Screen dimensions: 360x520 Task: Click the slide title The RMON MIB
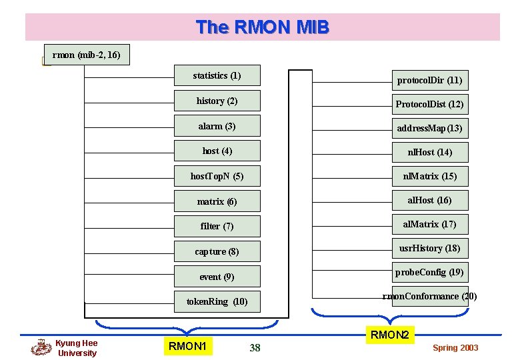pyautogui.click(x=262, y=27)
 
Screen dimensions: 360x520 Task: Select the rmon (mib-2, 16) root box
pyautogui.click(x=86, y=55)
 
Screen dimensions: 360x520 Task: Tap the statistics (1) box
pyautogui.click(x=217, y=76)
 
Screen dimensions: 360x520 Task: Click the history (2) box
pyautogui.click(x=217, y=101)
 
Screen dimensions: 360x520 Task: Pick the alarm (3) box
pyautogui.click(x=217, y=126)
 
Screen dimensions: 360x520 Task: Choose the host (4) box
pyautogui.click(x=217, y=151)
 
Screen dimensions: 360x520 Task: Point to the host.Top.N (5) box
pyautogui.click(x=217, y=177)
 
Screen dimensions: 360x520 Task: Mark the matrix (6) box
pyautogui.click(x=217, y=201)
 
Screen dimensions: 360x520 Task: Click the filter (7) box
pyautogui.click(x=217, y=227)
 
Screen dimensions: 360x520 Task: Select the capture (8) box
pyautogui.click(x=217, y=251)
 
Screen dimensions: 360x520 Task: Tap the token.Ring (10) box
pyautogui.click(x=217, y=301)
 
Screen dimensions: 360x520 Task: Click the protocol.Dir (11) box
pyautogui.click(x=429, y=81)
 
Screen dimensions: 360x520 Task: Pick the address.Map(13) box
pyautogui.click(x=429, y=128)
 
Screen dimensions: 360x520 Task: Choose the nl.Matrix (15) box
pyautogui.click(x=429, y=176)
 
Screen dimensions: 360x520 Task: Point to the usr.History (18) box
pyautogui.click(x=429, y=248)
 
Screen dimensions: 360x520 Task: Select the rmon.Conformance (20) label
pyautogui.click(x=429, y=296)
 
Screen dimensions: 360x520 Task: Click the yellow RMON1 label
pyautogui.click(x=187, y=346)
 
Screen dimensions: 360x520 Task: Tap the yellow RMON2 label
pyautogui.click(x=389, y=335)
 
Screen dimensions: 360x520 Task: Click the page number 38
pyautogui.click(x=255, y=347)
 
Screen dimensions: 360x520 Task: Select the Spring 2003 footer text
pyautogui.click(x=455, y=348)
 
